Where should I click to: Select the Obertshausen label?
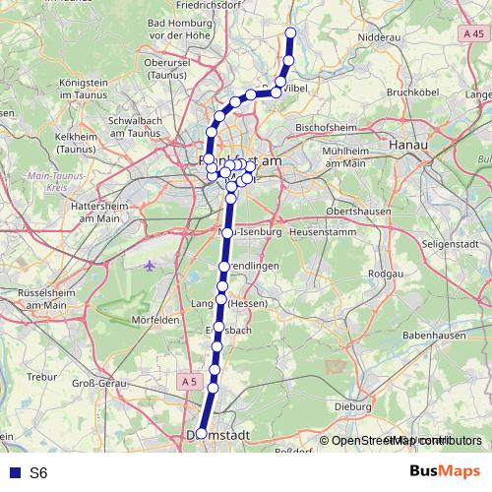[x=355, y=212]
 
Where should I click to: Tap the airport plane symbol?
[x=150, y=266]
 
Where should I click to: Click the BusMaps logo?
[x=443, y=471]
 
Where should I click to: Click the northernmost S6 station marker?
[x=291, y=33]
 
